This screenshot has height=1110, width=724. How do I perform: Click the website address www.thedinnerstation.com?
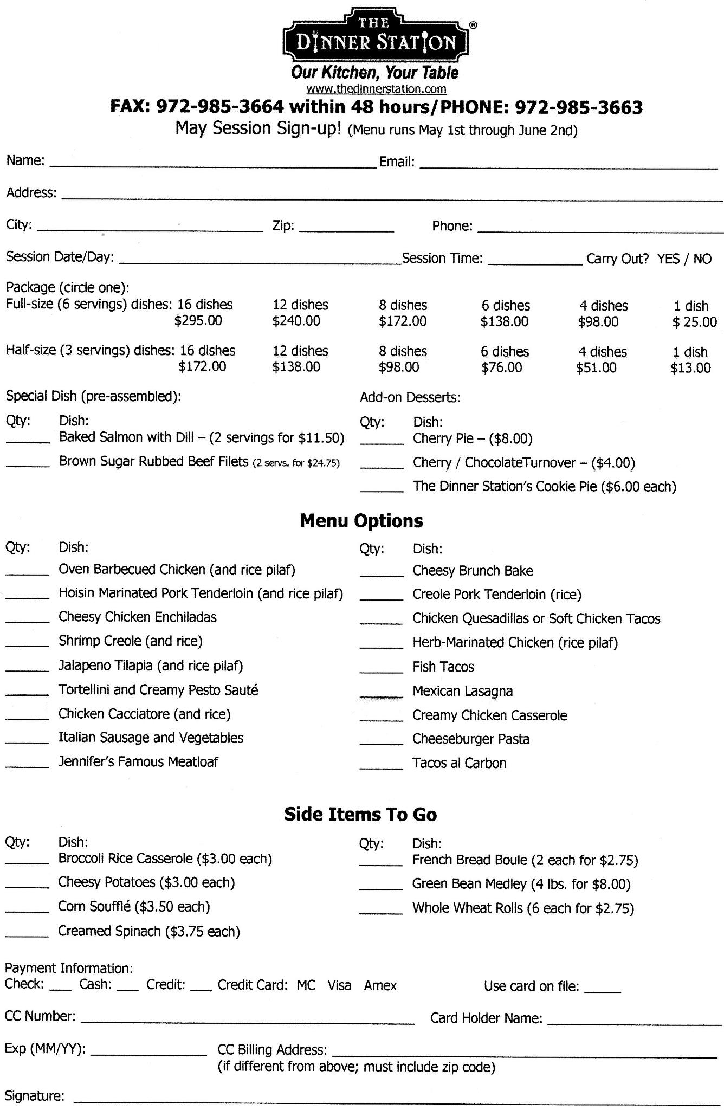click(x=376, y=89)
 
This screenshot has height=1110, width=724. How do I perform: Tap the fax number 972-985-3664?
click(x=219, y=107)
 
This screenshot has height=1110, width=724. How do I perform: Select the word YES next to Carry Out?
click(x=668, y=259)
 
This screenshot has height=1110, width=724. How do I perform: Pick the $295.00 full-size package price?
click(x=198, y=321)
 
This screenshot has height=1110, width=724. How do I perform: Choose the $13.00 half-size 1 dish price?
click(x=690, y=368)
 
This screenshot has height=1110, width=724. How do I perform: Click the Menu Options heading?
click(x=361, y=521)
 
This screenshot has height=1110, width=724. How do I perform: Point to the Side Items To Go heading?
click(x=360, y=815)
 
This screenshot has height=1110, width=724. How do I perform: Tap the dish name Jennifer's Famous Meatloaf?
click(x=138, y=762)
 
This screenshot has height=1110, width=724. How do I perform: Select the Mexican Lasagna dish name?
click(x=462, y=691)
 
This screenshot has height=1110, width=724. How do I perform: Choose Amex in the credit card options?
click(x=380, y=986)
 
